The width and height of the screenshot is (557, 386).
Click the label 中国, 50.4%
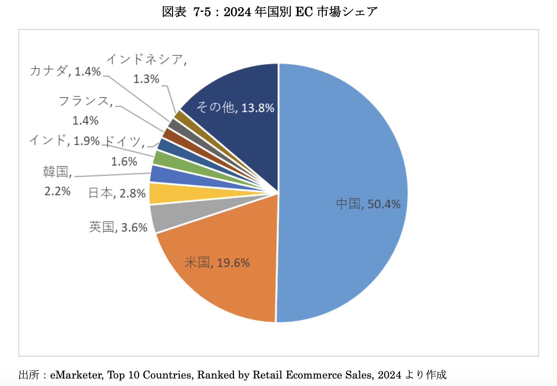point(368,204)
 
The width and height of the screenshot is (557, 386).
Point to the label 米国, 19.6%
point(217,263)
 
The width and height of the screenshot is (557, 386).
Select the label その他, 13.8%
point(235,107)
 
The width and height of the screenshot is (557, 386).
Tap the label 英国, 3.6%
point(118,227)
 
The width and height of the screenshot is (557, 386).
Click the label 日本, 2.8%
point(117,193)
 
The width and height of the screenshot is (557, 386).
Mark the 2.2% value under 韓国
point(57,191)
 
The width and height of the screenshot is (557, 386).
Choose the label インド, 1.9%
point(64,141)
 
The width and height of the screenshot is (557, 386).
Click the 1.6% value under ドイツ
point(124,162)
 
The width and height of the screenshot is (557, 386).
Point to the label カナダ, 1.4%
point(65,71)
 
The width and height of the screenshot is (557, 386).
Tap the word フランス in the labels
point(84,101)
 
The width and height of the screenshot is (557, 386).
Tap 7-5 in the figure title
point(202,12)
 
